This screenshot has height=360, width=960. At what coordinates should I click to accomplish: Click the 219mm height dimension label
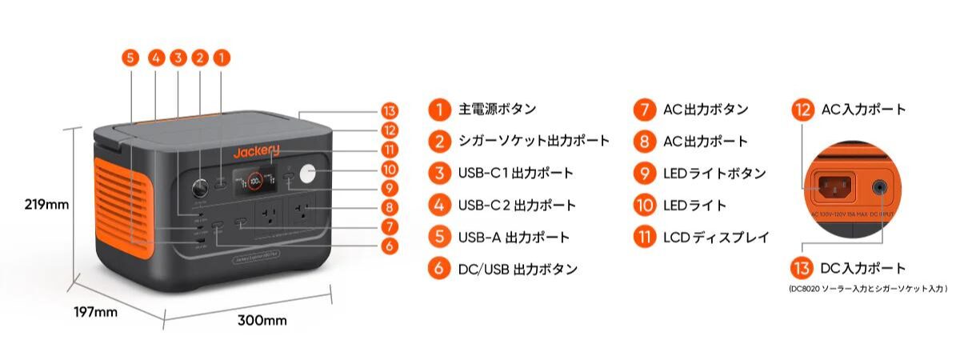point(47,205)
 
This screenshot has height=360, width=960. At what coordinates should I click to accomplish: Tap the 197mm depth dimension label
point(94,312)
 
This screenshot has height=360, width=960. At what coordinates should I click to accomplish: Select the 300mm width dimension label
point(262,321)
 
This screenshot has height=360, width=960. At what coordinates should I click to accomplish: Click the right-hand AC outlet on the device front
point(302,215)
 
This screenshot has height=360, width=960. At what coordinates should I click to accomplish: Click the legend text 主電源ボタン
point(497,110)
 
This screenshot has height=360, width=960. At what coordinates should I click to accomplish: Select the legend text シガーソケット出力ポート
point(534,142)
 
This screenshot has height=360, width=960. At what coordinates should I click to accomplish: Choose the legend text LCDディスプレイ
point(716,238)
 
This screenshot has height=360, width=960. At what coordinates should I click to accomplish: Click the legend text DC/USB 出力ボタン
point(518,270)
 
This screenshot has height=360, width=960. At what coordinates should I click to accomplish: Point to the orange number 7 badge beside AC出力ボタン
point(644,110)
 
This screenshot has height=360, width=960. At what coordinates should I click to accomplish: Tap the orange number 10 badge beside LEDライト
point(644,206)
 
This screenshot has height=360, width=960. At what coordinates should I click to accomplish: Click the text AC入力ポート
point(864,110)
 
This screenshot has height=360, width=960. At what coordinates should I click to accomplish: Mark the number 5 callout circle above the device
point(131,58)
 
